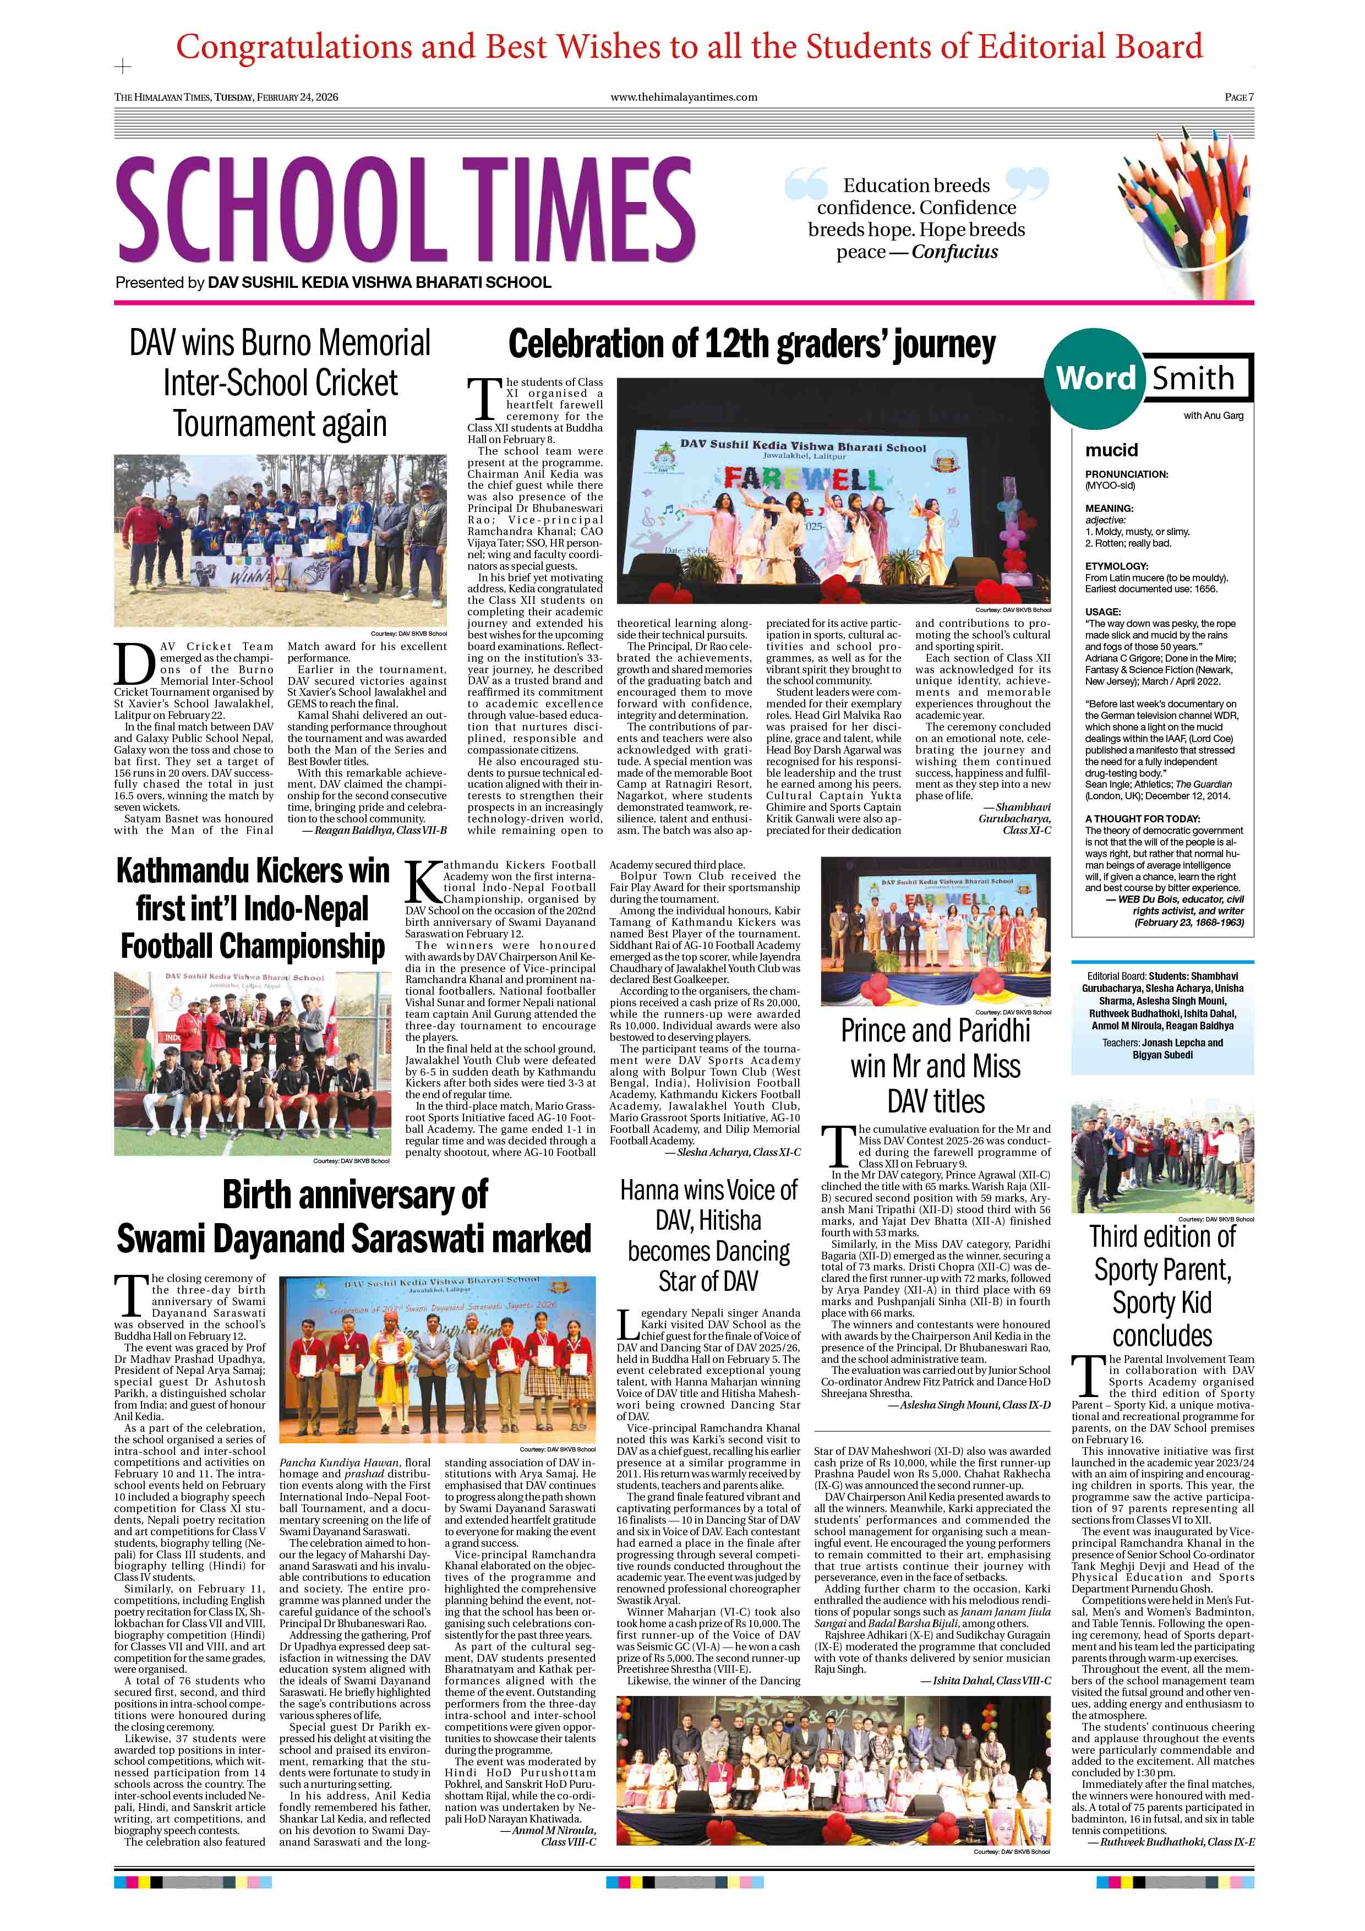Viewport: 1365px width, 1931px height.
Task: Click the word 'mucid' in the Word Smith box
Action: coord(1111,450)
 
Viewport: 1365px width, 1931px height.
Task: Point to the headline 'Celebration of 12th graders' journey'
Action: coord(751,345)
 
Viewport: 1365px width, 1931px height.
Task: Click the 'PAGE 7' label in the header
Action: coord(1238,97)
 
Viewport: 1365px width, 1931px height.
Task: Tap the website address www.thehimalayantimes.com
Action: coord(683,97)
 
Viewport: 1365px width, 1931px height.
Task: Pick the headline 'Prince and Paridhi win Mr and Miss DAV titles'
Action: coord(935,1066)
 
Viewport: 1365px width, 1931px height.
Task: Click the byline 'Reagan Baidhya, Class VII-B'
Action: coord(380,830)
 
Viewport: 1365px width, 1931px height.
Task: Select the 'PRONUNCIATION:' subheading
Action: coord(1126,474)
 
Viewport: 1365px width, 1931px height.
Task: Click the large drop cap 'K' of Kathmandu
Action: coord(422,883)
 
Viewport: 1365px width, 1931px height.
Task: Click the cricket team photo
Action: coord(280,541)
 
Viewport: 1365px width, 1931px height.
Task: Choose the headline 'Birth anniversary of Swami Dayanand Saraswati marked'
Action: coord(354,1216)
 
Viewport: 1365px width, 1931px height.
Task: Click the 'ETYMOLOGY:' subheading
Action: coord(1116,566)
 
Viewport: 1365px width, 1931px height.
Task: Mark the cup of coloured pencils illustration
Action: coord(1186,228)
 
